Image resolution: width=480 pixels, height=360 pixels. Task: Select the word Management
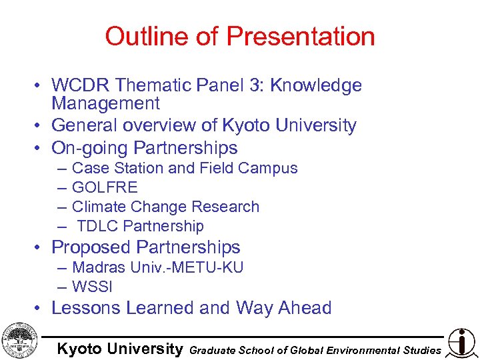coord(106,103)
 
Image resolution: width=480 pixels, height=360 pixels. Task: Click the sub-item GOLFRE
coord(105,187)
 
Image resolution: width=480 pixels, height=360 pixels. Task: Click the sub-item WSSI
coord(92,287)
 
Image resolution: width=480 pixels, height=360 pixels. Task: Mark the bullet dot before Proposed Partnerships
coord(41,248)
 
